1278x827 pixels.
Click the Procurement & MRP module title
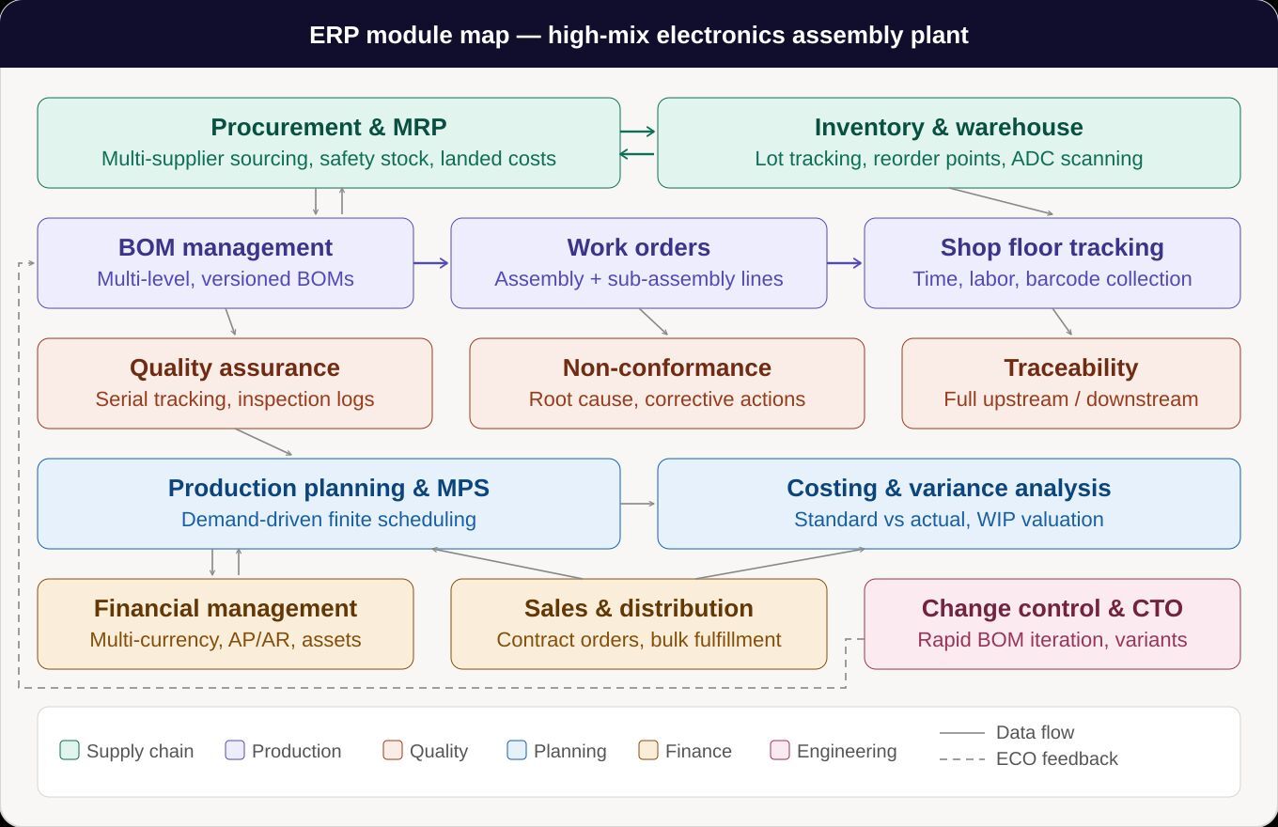pyautogui.click(x=328, y=127)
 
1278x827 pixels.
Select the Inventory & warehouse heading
pyautogui.click(x=948, y=127)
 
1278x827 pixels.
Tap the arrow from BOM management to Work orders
pyautogui.click(x=432, y=263)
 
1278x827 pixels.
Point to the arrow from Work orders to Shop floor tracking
pyautogui.click(x=846, y=263)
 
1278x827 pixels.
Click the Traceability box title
pyautogui.click(x=1070, y=367)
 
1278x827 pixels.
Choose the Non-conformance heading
pyautogui.click(x=666, y=367)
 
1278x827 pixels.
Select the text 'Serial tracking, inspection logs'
pyautogui.click(x=234, y=399)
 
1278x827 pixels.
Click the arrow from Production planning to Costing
pyautogui.click(x=639, y=504)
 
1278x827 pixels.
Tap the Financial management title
pyautogui.click(x=225, y=608)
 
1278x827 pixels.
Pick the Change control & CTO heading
pyautogui.click(x=1052, y=608)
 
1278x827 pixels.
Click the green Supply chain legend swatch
pyautogui.click(x=70, y=750)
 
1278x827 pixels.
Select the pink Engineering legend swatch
pyautogui.click(x=779, y=750)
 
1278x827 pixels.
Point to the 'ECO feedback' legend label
pyautogui.click(x=1056, y=758)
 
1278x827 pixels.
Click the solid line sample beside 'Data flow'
pyautogui.click(x=961, y=733)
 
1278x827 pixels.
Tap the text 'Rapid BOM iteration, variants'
pyautogui.click(x=1052, y=640)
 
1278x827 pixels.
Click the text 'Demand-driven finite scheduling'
pyautogui.click(x=328, y=520)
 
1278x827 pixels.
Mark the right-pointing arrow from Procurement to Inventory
pyautogui.click(x=639, y=133)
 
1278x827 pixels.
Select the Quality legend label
pyautogui.click(x=438, y=751)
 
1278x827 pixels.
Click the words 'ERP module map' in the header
pyautogui.click(x=409, y=36)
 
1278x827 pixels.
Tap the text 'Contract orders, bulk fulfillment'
pyautogui.click(x=638, y=640)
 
